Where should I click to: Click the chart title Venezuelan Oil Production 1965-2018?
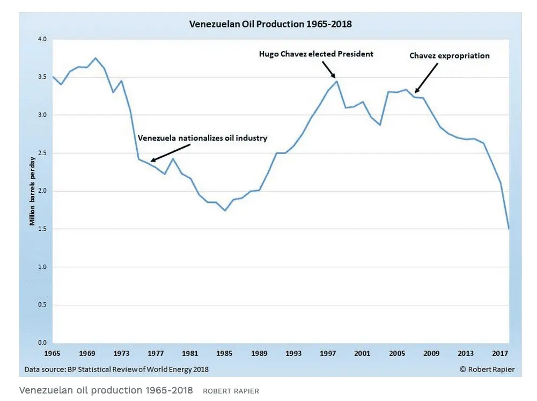(x=270, y=24)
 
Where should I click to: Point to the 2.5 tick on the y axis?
(x=42, y=153)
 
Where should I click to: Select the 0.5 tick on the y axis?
(x=42, y=305)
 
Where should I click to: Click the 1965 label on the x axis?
(x=53, y=354)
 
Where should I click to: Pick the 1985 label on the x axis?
(x=225, y=354)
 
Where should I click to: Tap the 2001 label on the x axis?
(x=362, y=354)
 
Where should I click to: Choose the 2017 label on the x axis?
(x=499, y=354)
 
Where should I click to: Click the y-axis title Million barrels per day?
(x=33, y=191)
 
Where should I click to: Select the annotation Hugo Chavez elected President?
(x=316, y=54)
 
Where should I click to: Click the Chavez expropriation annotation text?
(x=450, y=56)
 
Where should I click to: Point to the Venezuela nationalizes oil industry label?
(x=202, y=138)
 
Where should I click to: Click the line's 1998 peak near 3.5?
(x=336, y=81)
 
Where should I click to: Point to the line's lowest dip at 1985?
(x=225, y=210)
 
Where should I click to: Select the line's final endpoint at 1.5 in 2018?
(x=508, y=229)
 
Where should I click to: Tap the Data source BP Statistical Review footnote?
(x=116, y=369)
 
